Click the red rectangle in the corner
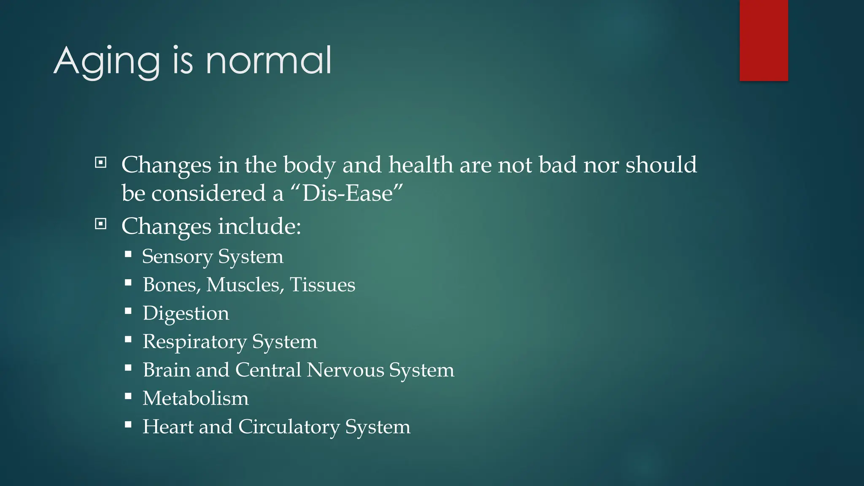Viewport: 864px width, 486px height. coord(764,40)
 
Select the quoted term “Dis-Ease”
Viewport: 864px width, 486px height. coord(347,193)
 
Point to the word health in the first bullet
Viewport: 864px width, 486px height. coord(421,165)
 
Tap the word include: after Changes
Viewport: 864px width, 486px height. coord(259,226)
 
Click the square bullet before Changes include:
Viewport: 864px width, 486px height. coord(100,224)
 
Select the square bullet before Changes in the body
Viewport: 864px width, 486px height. coord(100,162)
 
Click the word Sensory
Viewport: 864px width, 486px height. coord(177,256)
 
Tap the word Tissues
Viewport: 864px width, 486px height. coord(322,285)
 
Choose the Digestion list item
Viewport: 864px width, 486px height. coord(186,313)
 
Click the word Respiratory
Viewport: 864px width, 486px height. coord(194,342)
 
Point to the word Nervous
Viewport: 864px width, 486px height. coord(345,370)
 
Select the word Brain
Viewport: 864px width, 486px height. coord(166,370)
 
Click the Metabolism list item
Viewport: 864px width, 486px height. coord(195,398)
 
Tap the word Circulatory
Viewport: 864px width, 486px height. coord(289,427)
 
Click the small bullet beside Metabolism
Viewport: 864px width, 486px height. coord(128,396)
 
